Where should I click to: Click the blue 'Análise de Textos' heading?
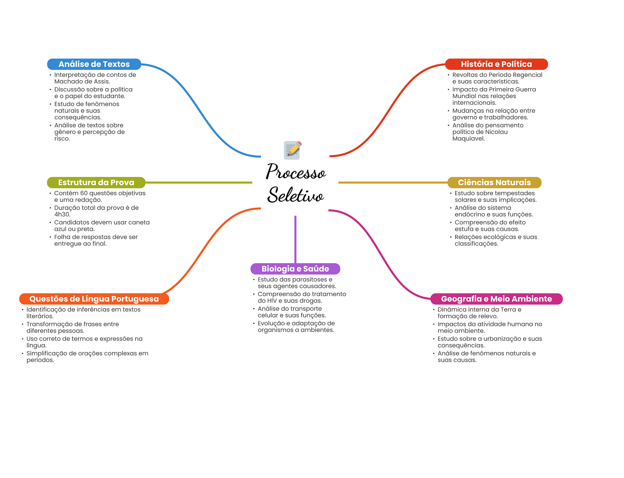[x=94, y=64]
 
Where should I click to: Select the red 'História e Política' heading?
[x=496, y=64]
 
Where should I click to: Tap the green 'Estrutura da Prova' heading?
[x=96, y=182]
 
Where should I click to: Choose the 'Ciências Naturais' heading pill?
[x=494, y=182]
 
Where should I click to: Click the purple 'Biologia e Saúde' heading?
[x=295, y=269]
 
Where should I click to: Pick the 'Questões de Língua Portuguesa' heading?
[x=94, y=299]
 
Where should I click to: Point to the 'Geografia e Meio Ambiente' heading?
[x=496, y=299]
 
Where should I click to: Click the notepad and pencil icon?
[x=292, y=150]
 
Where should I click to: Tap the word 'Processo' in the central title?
[x=296, y=172]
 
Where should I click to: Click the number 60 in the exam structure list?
[x=84, y=193]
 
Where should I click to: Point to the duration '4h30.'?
[x=62, y=214]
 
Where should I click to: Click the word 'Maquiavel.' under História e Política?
[x=468, y=139]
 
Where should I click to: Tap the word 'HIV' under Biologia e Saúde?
[x=272, y=301]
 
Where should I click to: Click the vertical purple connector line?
[x=295, y=239]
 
